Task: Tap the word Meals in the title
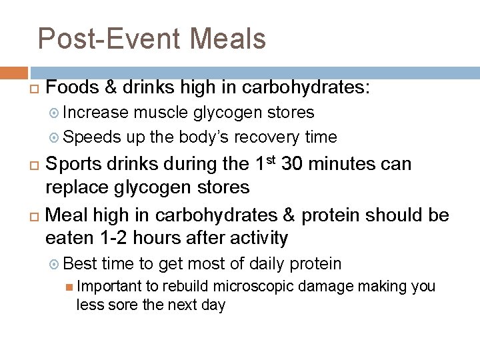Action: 228,39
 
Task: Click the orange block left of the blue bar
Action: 14,73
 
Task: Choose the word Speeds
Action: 93,137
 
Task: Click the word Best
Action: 81,264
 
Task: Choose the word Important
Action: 109,287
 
